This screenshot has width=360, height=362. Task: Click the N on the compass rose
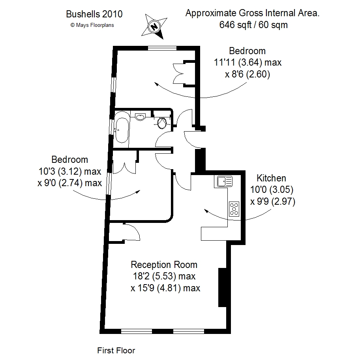click(x=154, y=26)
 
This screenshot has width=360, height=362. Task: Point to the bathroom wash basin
click(x=140, y=117)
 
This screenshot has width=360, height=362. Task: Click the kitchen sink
click(x=224, y=181)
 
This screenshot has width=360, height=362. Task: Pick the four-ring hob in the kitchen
click(x=234, y=209)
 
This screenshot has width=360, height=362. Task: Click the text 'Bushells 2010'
click(x=94, y=14)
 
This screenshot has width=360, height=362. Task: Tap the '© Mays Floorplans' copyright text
click(x=92, y=25)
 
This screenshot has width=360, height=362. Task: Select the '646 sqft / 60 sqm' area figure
click(x=253, y=25)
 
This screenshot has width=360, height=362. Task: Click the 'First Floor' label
click(x=116, y=351)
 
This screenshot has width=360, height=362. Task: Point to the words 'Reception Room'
click(x=164, y=264)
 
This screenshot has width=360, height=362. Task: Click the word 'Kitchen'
click(x=271, y=178)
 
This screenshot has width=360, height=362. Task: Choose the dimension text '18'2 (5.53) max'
click(x=164, y=276)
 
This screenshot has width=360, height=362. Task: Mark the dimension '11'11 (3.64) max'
click(x=247, y=62)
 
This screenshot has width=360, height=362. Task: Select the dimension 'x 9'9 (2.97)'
click(x=273, y=202)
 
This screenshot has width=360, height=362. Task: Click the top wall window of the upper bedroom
click(x=162, y=48)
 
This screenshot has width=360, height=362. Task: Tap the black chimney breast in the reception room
click(x=222, y=287)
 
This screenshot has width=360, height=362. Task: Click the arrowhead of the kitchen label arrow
click(x=206, y=211)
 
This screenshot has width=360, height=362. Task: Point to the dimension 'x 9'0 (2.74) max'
click(x=69, y=183)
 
